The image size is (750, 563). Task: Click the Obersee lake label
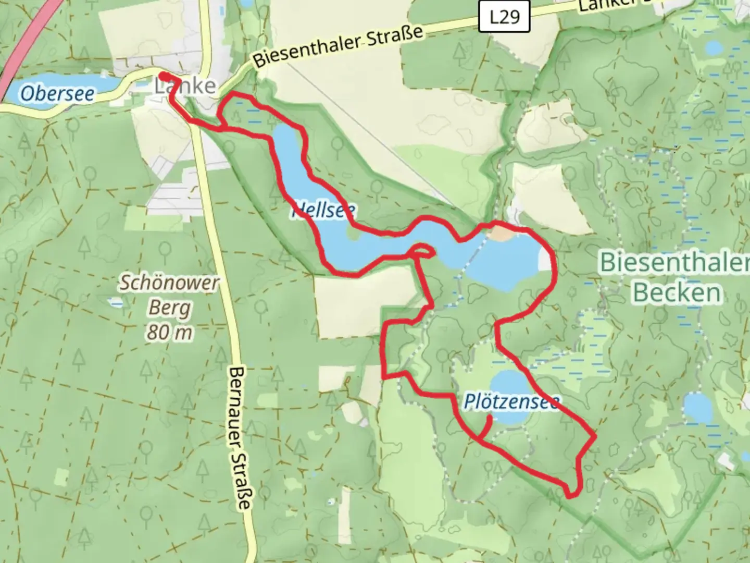[x=57, y=94]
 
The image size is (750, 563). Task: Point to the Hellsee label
[x=323, y=210]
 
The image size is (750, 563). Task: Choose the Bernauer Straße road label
[x=240, y=438]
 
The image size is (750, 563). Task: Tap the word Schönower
[x=170, y=283]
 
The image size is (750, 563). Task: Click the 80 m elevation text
[x=169, y=332]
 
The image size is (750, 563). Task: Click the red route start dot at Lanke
[x=162, y=76]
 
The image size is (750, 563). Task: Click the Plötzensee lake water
[x=508, y=383]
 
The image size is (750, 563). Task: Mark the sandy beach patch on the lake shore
[x=499, y=234]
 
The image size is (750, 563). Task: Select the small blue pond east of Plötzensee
[x=698, y=408]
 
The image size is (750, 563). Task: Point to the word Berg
[x=169, y=308]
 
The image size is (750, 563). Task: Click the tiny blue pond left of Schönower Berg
[x=115, y=302]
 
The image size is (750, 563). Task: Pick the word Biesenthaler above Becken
[x=674, y=262]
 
